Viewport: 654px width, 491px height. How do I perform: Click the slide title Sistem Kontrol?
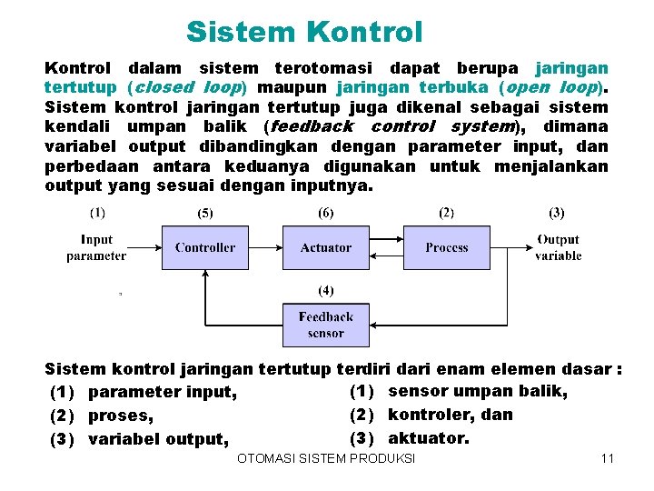pos(304,33)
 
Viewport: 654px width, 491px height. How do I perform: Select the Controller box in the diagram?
pos(204,247)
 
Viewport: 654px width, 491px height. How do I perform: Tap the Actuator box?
pos(325,247)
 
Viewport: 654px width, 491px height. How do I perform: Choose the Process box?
pos(446,247)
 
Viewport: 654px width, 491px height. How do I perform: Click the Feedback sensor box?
pos(325,325)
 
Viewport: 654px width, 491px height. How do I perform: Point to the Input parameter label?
pos(96,247)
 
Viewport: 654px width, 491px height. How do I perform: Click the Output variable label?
pos(558,247)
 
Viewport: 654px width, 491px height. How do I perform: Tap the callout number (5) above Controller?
pos(205,215)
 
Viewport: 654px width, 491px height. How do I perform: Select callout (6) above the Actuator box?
pos(325,214)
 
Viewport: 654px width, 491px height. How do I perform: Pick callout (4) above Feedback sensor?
pos(325,291)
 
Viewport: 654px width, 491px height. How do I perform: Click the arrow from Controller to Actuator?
pos(265,247)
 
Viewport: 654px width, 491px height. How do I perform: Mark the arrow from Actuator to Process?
pos(385,247)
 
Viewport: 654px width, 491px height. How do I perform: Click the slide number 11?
pos(608,458)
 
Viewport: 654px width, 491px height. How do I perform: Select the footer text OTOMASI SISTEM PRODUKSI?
pos(325,458)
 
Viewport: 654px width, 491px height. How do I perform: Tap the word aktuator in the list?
pos(428,437)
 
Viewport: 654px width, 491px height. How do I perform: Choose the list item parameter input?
pos(163,393)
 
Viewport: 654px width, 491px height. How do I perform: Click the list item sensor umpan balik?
pos(477,391)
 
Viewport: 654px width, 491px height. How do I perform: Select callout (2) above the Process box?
pos(446,214)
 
